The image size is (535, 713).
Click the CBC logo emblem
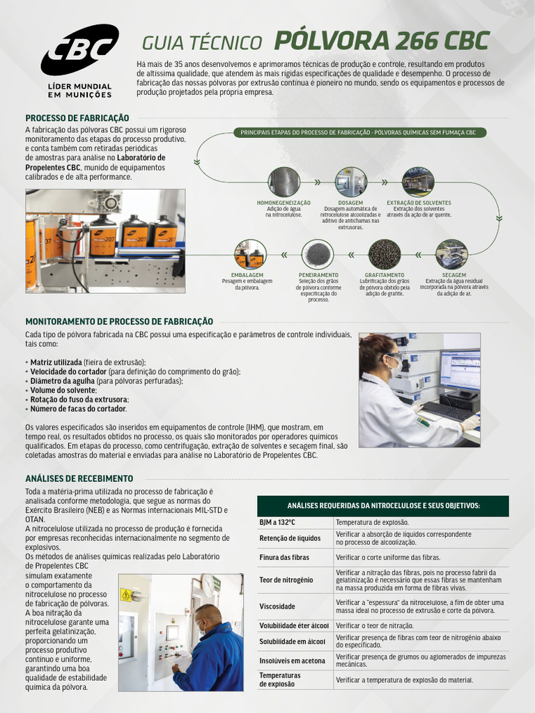[x=79, y=49]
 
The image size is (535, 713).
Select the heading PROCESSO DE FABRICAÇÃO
[x=77, y=118]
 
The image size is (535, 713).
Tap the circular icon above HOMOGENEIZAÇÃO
[x=284, y=182]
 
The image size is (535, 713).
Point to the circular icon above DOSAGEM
[x=351, y=182]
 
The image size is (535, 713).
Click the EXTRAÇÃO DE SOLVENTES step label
[x=419, y=203]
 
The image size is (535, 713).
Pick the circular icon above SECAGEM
[x=451, y=254]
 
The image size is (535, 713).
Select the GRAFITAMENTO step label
[x=385, y=275]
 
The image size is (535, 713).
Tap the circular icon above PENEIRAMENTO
[x=318, y=254]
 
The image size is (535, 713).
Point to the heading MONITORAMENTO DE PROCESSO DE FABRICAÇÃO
[x=119, y=322]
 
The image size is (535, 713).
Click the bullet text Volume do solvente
[x=63, y=390]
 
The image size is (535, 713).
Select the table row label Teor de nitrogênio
[x=286, y=580]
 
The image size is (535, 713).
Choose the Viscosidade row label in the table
[x=277, y=606]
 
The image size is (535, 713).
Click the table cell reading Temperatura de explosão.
[x=372, y=522]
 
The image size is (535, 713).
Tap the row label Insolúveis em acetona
[x=291, y=660]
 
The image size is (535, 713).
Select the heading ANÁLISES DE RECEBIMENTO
[x=79, y=478]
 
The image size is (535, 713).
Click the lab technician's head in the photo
[x=379, y=352]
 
